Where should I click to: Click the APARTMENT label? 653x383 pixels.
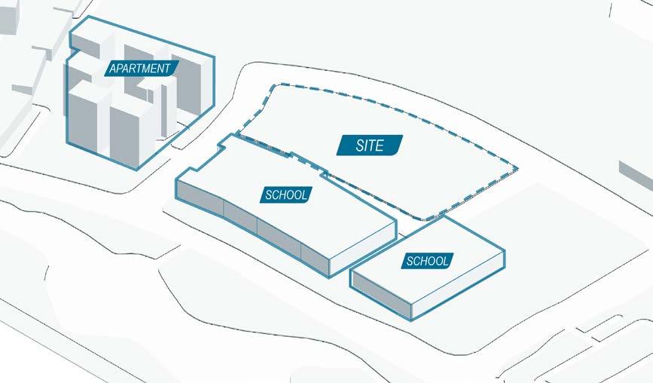click(x=141, y=68)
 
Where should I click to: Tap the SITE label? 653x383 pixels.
click(x=370, y=145)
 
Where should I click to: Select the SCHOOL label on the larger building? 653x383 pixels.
click(x=287, y=195)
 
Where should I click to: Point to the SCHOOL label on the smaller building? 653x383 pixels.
click(x=428, y=261)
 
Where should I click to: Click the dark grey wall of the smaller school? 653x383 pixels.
click(x=381, y=295)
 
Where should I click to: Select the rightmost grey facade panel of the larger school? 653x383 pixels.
click(x=316, y=259)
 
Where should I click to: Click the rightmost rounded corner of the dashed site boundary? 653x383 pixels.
click(x=516, y=167)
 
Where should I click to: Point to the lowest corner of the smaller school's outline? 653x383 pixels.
click(x=410, y=319)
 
